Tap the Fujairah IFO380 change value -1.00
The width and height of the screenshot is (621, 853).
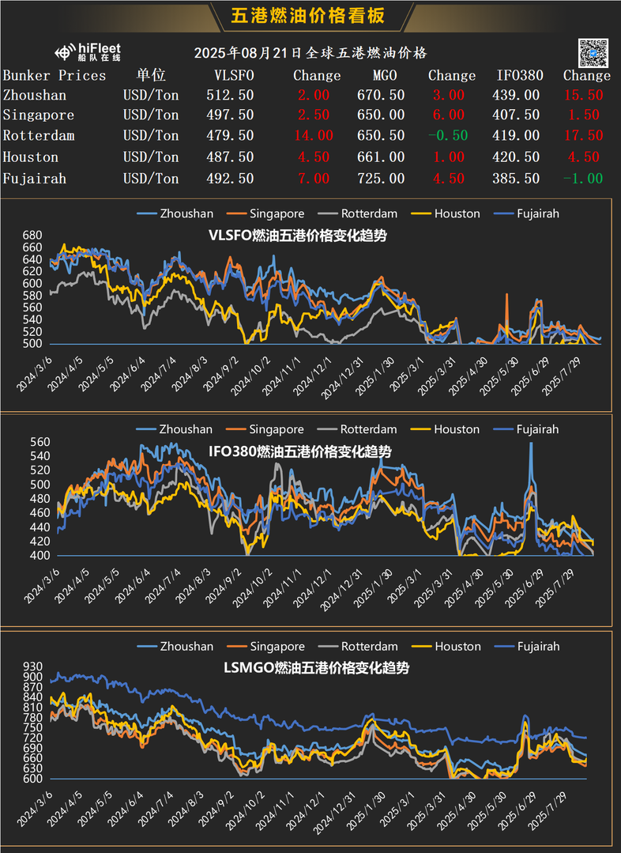pos(583,179)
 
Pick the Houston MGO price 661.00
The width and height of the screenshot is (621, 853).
pos(381,157)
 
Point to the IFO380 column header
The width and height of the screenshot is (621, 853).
pos(520,76)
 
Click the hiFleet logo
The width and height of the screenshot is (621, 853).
pos(88,53)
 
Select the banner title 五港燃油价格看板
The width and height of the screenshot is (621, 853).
pos(310,17)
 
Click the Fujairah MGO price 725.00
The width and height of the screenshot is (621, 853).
pos(381,179)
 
